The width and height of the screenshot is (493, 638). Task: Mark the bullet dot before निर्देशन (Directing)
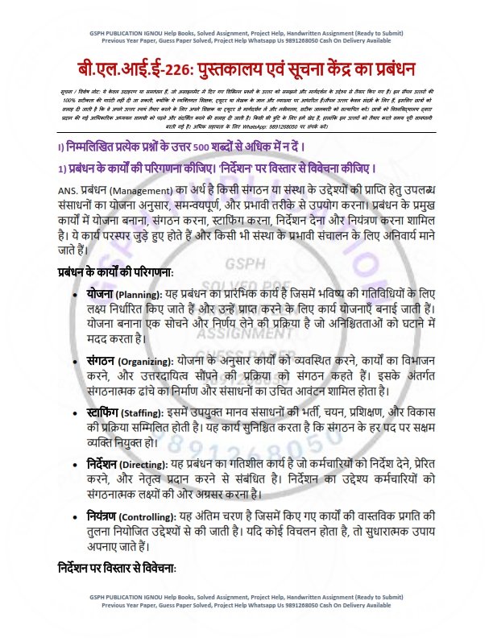tap(75, 465)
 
